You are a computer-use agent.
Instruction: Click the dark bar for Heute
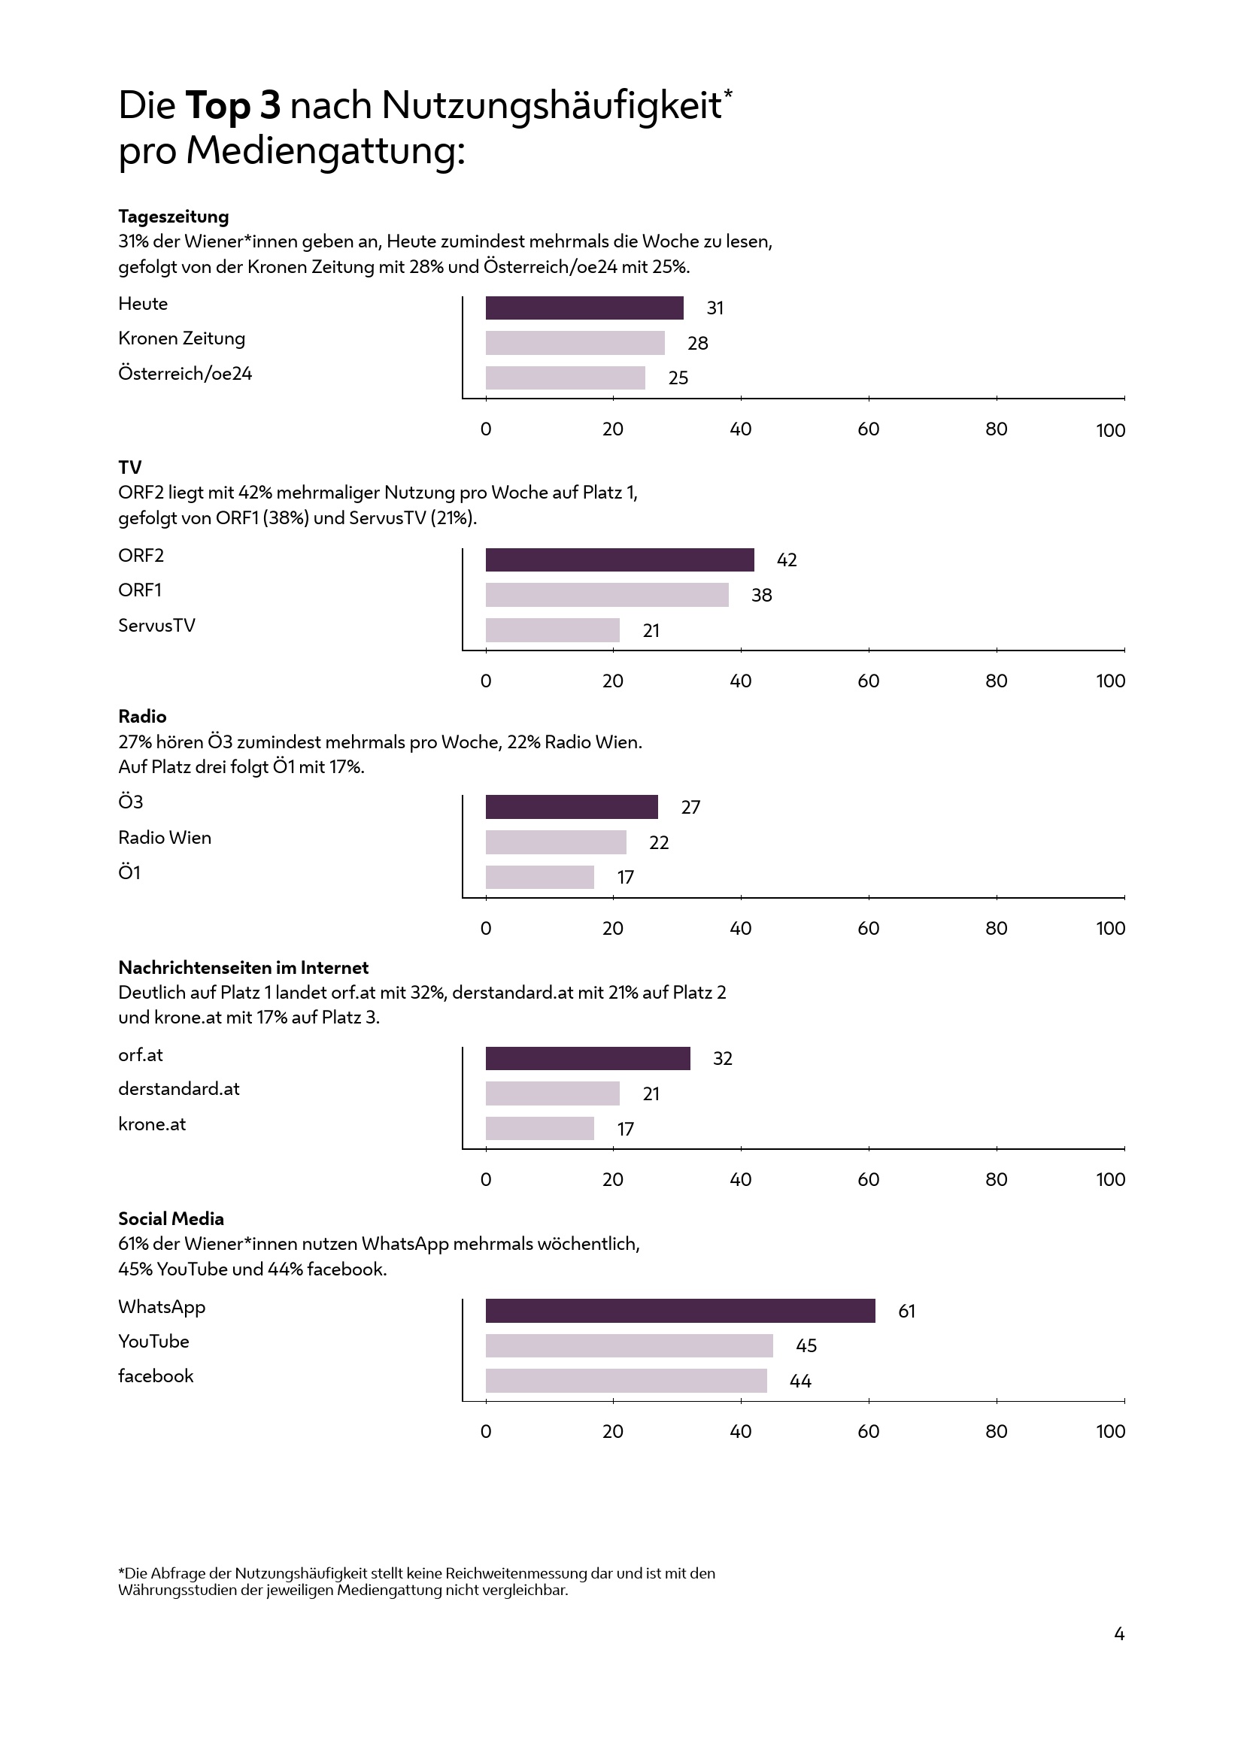[584, 308]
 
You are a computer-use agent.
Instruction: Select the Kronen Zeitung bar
[575, 342]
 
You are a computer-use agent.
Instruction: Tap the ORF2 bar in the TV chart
[619, 560]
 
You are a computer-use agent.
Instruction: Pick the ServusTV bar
[552, 629]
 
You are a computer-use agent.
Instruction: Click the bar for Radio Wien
[555, 842]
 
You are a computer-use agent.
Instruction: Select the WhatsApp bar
[679, 1311]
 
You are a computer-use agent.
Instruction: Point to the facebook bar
[626, 1381]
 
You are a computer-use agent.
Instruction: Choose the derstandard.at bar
[552, 1093]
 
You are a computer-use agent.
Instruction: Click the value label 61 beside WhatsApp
[906, 1312]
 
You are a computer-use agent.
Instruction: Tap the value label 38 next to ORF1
[761, 596]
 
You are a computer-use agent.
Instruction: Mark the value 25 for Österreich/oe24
[678, 378]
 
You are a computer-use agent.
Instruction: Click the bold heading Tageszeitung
[173, 217]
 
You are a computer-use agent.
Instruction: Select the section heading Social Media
[171, 1219]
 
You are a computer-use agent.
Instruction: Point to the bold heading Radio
[141, 717]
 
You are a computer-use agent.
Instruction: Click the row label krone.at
[152, 1124]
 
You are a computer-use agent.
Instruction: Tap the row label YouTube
[153, 1341]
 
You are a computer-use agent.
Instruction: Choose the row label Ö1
[129, 872]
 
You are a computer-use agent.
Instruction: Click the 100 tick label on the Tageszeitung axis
[1110, 431]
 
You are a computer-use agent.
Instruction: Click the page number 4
[1118, 1634]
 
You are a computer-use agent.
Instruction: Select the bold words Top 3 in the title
[232, 106]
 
